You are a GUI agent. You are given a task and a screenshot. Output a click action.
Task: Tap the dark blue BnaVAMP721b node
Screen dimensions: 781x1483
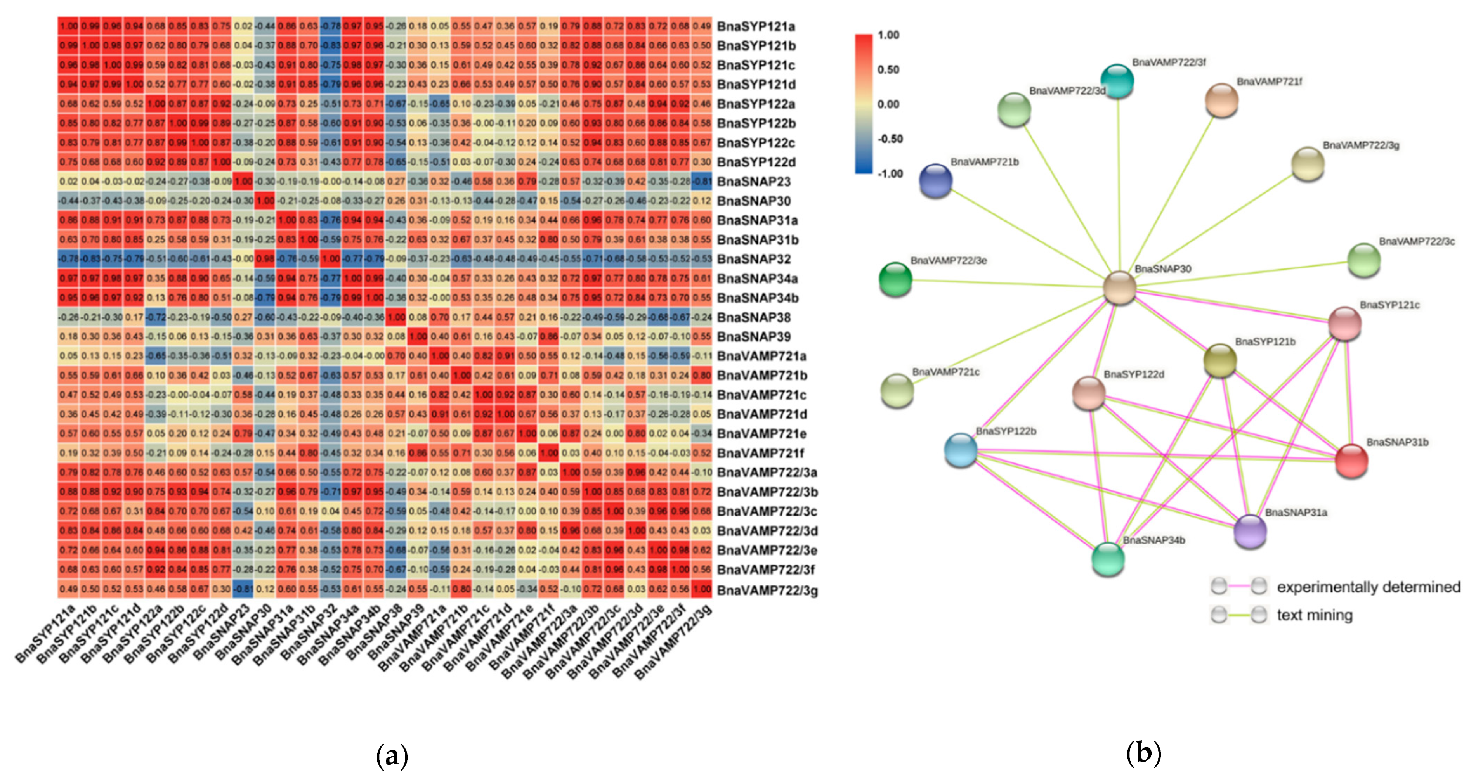(x=935, y=180)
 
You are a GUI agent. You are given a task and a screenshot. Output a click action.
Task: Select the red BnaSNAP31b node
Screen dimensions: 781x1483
(x=1351, y=461)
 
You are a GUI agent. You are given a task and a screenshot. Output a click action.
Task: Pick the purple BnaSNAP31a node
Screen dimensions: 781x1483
(x=1250, y=531)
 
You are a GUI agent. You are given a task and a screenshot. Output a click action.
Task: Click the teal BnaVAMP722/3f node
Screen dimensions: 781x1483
(x=1117, y=81)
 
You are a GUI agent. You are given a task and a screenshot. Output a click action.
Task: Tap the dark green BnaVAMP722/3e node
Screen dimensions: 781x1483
(x=896, y=279)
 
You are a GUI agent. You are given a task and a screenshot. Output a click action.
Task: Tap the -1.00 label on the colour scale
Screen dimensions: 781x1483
(x=890, y=174)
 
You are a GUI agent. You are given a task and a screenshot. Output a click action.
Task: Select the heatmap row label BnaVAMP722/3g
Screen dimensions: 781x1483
(x=767, y=590)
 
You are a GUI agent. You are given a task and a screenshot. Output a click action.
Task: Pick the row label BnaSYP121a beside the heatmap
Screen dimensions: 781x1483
(x=756, y=26)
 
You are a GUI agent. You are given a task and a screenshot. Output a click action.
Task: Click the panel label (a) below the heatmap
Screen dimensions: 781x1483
(x=392, y=755)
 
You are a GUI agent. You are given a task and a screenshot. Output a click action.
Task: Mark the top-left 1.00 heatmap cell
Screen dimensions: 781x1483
(x=69, y=26)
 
